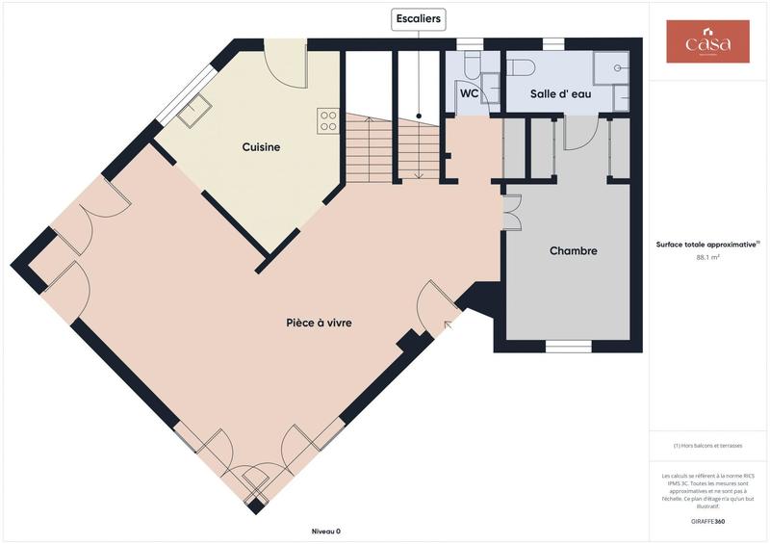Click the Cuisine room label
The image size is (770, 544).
(x=261, y=147)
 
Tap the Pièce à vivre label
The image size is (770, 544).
(x=319, y=324)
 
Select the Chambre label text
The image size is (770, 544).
(x=573, y=251)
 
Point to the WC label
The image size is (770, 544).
(x=470, y=94)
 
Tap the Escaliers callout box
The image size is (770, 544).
(x=419, y=18)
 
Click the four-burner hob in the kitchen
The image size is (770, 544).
(x=328, y=120)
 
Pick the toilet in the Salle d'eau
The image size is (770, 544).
(x=521, y=66)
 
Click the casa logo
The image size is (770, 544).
(x=707, y=42)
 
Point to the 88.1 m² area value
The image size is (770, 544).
(x=707, y=258)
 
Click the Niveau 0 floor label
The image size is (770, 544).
(x=325, y=531)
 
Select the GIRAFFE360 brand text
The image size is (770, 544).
(x=707, y=520)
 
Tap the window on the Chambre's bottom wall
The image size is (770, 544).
(x=568, y=346)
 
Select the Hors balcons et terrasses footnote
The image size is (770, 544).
(x=707, y=446)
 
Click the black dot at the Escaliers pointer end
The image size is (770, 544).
(x=419, y=116)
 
